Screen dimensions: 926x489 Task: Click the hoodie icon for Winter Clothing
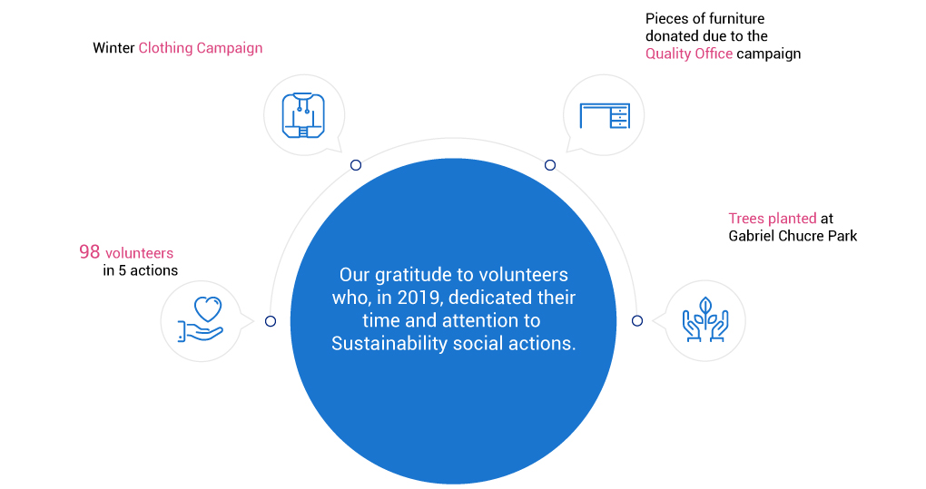click(303, 115)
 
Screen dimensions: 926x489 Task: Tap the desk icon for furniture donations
click(605, 115)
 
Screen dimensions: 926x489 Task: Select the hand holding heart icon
click(201, 319)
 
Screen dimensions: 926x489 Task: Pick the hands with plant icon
click(705, 319)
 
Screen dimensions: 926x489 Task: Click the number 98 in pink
click(89, 252)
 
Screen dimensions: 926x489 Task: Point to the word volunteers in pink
click(140, 253)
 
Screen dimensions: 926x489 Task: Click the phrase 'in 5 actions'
click(140, 270)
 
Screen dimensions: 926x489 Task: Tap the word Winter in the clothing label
click(113, 48)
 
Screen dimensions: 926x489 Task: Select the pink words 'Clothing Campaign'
click(201, 48)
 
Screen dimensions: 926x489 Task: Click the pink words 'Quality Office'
click(688, 54)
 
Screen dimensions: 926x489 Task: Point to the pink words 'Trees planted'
click(772, 219)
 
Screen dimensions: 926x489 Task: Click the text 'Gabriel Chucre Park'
click(793, 236)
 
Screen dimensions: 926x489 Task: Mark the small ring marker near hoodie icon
click(356, 165)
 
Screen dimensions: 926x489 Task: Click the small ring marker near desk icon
click(550, 165)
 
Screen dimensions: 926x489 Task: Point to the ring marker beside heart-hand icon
click(271, 321)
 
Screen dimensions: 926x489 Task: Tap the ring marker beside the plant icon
click(637, 321)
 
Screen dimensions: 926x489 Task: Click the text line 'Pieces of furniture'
click(704, 18)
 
